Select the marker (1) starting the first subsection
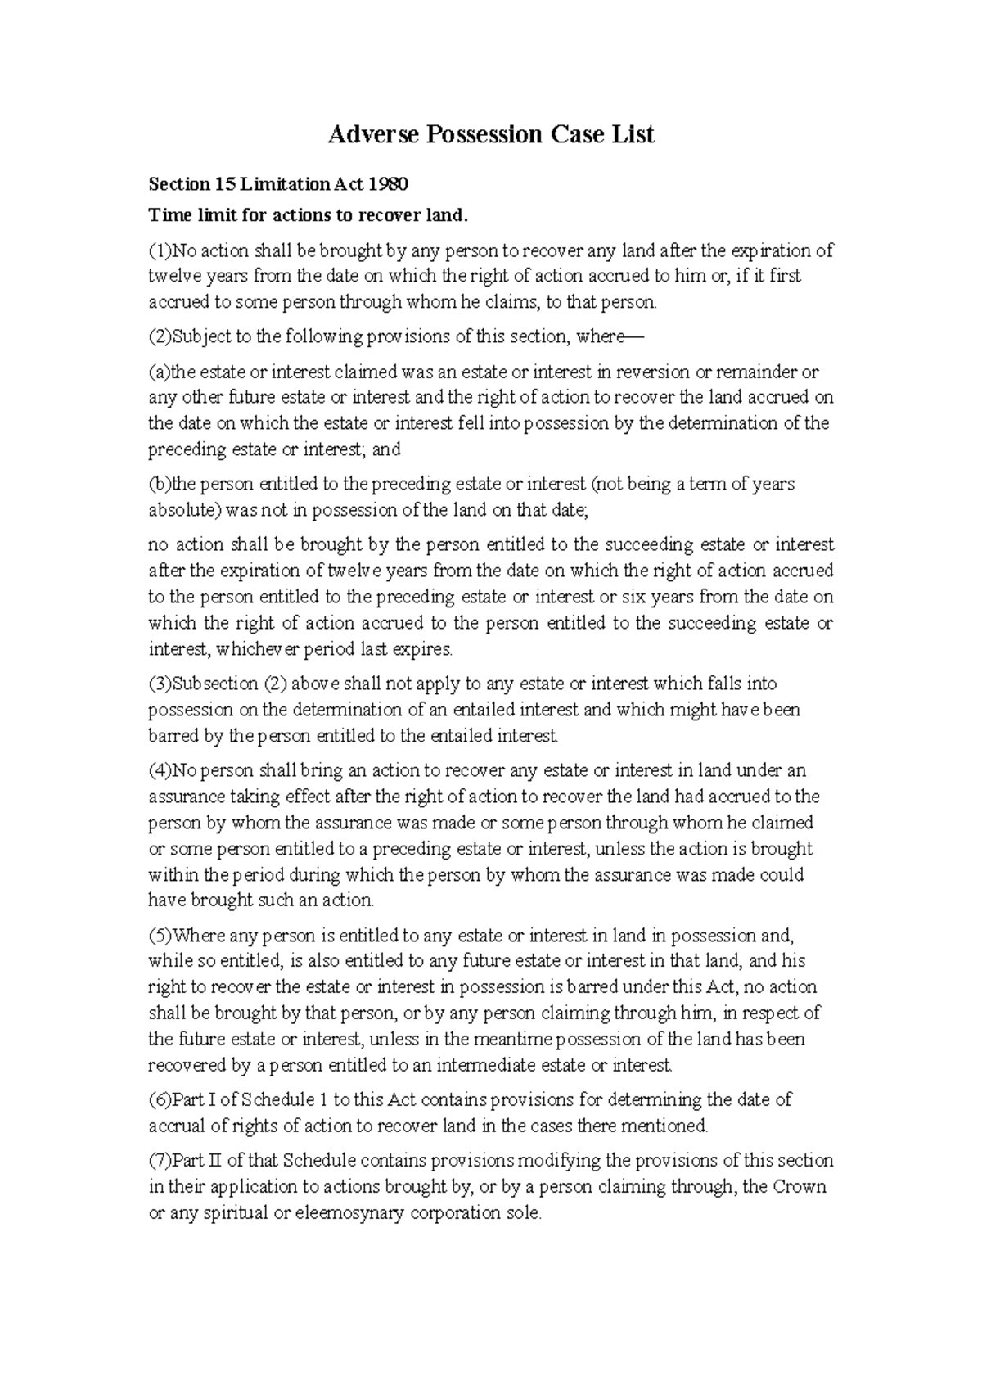coord(156,250)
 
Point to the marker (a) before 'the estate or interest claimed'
coord(157,372)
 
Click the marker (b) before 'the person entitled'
coord(157,485)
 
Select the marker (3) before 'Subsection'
coord(156,684)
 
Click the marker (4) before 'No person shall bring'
coord(156,771)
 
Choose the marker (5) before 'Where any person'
coord(157,936)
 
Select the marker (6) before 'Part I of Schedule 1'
coord(156,1100)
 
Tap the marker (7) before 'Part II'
coord(156,1162)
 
